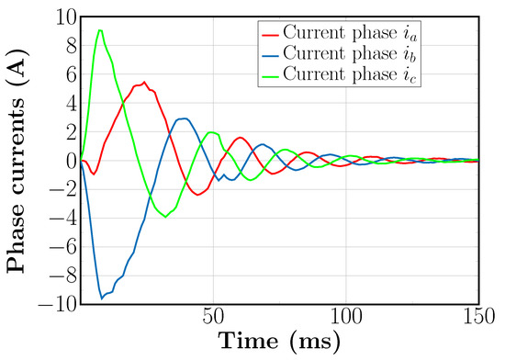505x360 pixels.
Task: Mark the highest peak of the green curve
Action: point(100,30)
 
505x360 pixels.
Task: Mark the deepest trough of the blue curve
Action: point(102,298)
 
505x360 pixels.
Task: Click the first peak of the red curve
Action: point(144,82)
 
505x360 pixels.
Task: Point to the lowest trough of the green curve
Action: point(165,217)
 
